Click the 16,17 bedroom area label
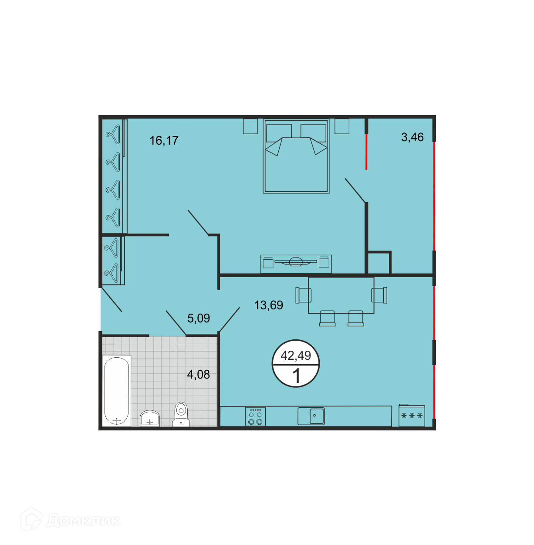pyautogui.click(x=164, y=141)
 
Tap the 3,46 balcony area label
pyautogui.click(x=412, y=137)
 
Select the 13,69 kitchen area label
pyautogui.click(x=268, y=305)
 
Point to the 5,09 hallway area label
pyautogui.click(x=199, y=318)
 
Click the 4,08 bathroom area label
pyautogui.click(x=198, y=375)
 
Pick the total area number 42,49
pyautogui.click(x=296, y=355)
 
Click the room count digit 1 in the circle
pyautogui.click(x=296, y=376)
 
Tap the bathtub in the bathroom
pyautogui.click(x=117, y=391)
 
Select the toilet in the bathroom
pyautogui.click(x=181, y=414)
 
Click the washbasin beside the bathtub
pyautogui.click(x=150, y=418)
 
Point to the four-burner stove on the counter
pyautogui.click(x=255, y=416)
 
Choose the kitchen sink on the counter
pyautogui.click(x=311, y=416)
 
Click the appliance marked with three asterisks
pyautogui.click(x=412, y=416)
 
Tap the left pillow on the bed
pyautogui.click(x=279, y=133)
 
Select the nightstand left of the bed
pyautogui.click(x=250, y=126)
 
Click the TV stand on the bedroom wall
pyautogui.click(x=296, y=264)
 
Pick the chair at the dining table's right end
pyautogui.click(x=379, y=295)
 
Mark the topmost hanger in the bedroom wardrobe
pyautogui.click(x=113, y=134)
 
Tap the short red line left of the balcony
pyautogui.click(x=366, y=152)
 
